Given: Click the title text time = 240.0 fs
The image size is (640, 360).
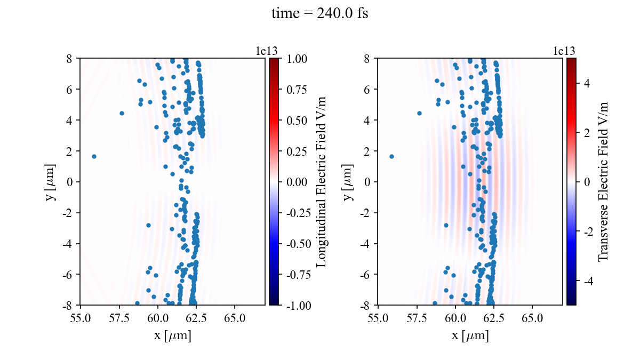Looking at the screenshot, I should (x=319, y=14).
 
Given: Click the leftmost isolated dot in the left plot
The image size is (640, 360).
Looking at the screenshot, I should (x=94, y=156).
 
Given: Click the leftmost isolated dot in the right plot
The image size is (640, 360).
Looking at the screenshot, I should (x=391, y=156).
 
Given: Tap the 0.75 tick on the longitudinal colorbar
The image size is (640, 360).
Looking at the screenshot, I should (x=296, y=89).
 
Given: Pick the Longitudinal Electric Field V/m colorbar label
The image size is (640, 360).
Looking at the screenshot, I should (x=322, y=181).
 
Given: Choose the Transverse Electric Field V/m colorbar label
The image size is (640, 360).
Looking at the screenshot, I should (x=604, y=181).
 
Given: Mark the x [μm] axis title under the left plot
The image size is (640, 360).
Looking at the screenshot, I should (x=173, y=336).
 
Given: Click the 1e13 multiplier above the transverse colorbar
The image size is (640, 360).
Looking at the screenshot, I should (x=564, y=51).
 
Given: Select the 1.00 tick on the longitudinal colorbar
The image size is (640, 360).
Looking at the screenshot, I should (x=296, y=58).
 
